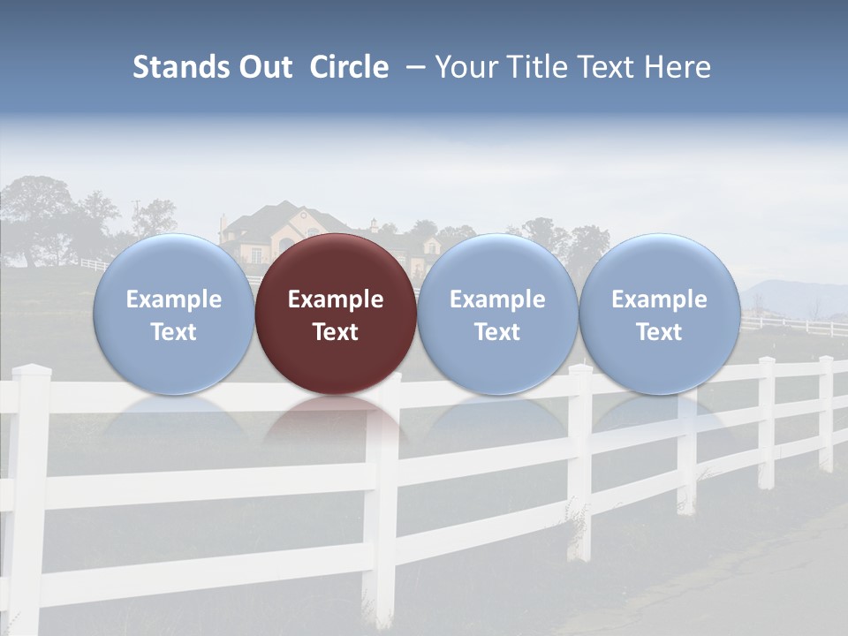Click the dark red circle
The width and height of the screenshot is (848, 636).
336,314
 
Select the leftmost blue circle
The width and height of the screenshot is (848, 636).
173,314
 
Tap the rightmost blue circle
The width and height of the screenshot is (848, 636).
659,314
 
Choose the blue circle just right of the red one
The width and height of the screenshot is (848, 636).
497,314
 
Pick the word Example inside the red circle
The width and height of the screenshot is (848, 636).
336,299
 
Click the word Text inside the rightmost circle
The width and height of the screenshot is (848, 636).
659,332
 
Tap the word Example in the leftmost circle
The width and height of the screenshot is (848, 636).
173,299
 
